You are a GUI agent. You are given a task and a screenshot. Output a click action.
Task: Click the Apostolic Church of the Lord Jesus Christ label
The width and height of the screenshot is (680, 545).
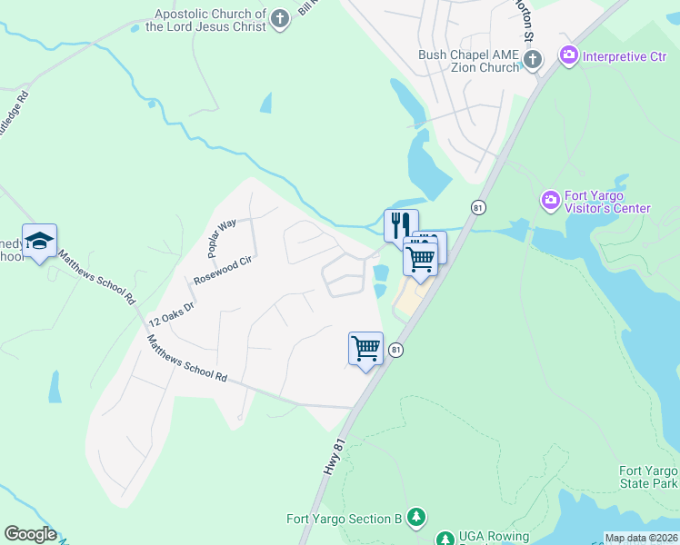coord(209,20)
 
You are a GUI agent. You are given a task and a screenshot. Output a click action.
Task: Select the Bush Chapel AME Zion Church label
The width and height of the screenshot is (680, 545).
coord(467,61)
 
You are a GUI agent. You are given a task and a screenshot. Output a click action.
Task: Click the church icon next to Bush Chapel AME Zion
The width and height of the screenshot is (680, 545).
coord(532,60)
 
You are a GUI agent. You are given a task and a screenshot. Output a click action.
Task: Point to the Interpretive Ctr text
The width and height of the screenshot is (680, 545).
coord(625,56)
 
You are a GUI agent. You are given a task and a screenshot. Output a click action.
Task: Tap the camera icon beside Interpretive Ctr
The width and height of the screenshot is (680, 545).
coord(569,56)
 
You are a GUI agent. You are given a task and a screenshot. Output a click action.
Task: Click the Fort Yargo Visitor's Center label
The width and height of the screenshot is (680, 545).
coord(606,202)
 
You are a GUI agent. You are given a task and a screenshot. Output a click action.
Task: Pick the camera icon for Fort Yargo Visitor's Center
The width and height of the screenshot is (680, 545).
coord(550,199)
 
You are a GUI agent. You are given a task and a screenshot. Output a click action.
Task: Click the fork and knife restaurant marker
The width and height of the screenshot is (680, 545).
coord(401,224)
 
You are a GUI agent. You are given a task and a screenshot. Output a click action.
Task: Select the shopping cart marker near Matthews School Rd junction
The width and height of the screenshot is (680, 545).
coord(365,348)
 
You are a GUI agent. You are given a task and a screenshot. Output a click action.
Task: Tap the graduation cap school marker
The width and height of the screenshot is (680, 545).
coord(40,241)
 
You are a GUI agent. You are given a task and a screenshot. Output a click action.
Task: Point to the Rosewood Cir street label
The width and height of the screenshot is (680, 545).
coord(222,270)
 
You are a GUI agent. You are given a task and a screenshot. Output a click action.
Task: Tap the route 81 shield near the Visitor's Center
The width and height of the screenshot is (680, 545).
coord(477,208)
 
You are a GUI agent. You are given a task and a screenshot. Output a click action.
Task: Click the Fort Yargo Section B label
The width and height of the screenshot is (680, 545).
coord(344,519)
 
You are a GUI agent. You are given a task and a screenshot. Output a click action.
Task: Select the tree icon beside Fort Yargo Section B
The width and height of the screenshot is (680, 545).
coord(415,517)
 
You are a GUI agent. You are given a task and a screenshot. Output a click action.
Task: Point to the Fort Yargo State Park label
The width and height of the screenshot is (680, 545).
coord(648,478)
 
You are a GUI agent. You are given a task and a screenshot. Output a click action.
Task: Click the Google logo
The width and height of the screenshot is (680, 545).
coord(30,534)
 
